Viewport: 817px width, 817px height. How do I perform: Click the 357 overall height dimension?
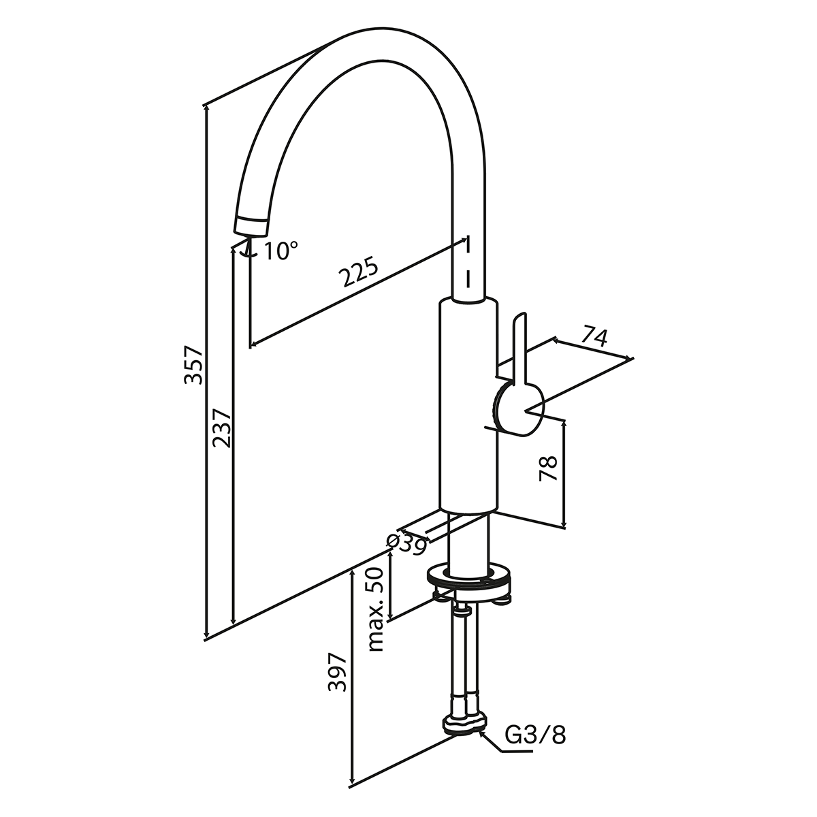coord(194,364)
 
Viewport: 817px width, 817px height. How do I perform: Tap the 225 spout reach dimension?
coord(359,272)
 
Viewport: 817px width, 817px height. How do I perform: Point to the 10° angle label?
coord(281,251)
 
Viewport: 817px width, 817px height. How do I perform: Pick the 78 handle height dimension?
coord(549,468)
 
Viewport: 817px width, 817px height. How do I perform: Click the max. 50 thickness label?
coord(377,609)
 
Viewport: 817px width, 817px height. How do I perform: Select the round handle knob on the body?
coord(519,408)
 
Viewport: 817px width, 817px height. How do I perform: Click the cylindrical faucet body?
coord(469,408)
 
